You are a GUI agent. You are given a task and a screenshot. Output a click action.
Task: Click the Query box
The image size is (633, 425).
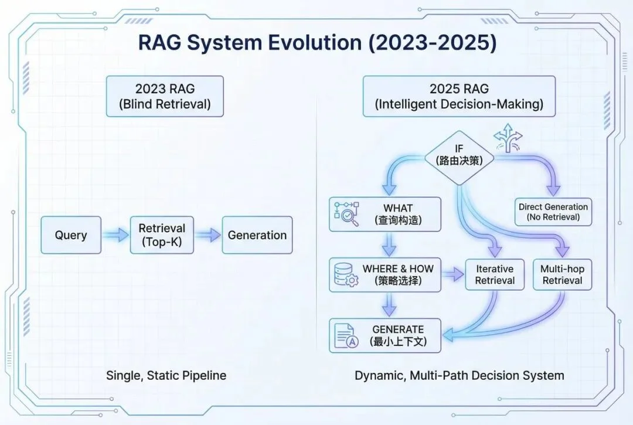tap(71, 235)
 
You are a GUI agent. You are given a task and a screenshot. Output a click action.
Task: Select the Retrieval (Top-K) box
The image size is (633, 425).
tap(161, 235)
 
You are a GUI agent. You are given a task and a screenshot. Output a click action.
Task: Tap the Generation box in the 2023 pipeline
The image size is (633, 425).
tap(257, 235)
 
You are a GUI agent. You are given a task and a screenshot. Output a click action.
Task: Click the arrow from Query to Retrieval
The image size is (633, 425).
tap(115, 235)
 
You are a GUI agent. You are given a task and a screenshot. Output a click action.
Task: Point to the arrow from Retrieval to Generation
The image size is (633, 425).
tap(207, 235)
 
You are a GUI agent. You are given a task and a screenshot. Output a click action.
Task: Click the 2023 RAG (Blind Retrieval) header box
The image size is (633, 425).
tap(164, 96)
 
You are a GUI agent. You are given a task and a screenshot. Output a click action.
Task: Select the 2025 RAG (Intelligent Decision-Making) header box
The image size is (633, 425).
tap(459, 96)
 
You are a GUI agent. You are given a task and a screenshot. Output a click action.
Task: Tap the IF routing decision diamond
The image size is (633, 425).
tap(459, 154)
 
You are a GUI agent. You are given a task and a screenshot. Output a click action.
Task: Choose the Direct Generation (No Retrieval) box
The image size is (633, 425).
tap(553, 212)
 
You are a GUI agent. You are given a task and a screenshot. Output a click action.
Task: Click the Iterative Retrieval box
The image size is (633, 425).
tap(495, 274)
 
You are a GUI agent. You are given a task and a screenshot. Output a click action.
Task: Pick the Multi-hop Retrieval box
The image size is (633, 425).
tap(562, 274)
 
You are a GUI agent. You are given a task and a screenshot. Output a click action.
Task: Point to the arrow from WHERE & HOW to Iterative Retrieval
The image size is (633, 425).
tap(452, 274)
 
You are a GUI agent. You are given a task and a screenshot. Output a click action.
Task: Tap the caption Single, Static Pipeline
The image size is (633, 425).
tap(166, 375)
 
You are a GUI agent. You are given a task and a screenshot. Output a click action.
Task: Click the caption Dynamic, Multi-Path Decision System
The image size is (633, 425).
tap(459, 375)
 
